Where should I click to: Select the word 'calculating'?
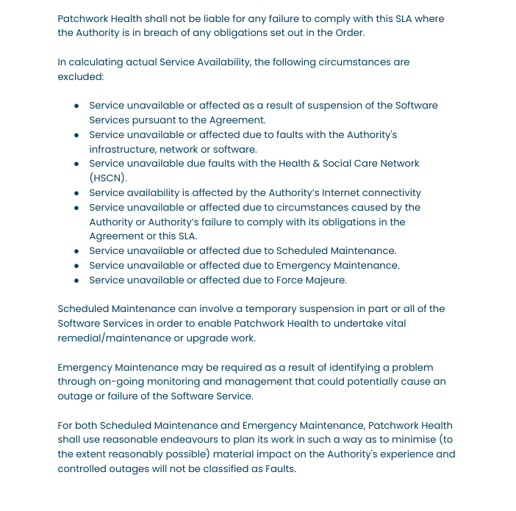tap(99, 62)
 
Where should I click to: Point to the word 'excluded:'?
tap(81, 76)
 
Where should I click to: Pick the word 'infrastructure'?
tap(123, 149)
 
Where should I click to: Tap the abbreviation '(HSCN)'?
tap(108, 178)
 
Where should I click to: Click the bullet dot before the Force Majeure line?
tap(76, 280)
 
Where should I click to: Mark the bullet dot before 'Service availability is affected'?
tap(76, 193)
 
